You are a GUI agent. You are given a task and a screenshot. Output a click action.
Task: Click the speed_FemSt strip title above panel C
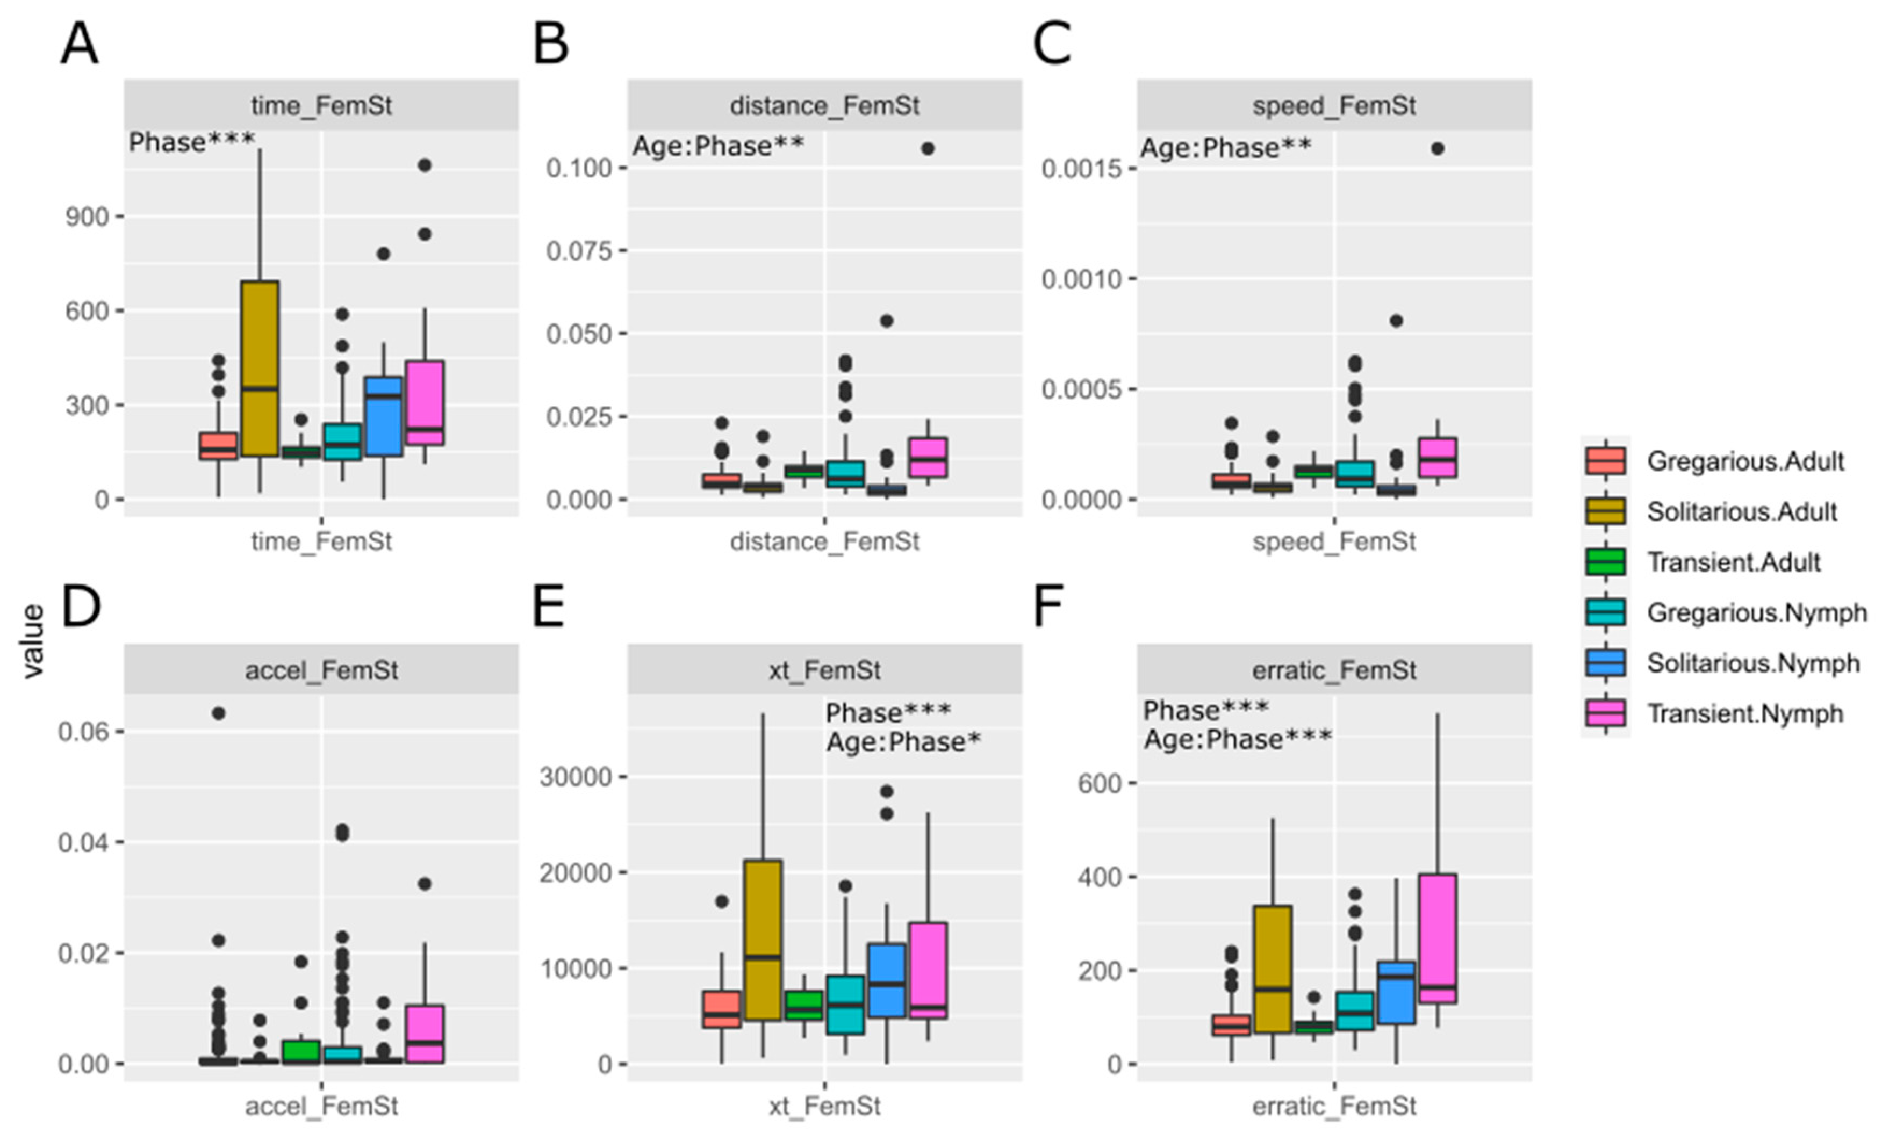1334,105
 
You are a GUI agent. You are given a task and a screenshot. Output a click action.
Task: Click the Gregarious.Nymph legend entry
1756,612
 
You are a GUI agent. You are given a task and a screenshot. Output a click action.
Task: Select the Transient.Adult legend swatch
1605,562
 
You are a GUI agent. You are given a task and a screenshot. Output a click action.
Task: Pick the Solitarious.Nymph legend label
1752,663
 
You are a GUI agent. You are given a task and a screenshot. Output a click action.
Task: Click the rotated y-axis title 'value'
33,641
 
